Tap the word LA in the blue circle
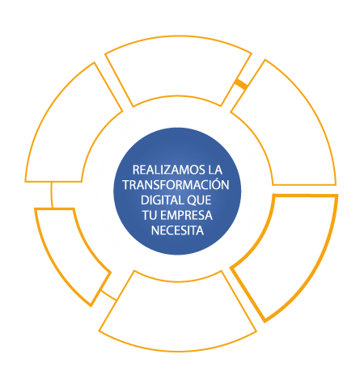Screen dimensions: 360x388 [215, 170]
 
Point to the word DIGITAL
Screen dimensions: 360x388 [158, 200]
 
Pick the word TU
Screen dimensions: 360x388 [150, 215]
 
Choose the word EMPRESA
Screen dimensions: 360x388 [186, 215]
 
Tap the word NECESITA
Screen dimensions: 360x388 [177, 230]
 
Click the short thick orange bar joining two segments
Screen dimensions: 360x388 [241, 83]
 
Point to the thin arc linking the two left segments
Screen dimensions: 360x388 [52, 195]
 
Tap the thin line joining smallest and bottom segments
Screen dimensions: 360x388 [108, 295]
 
